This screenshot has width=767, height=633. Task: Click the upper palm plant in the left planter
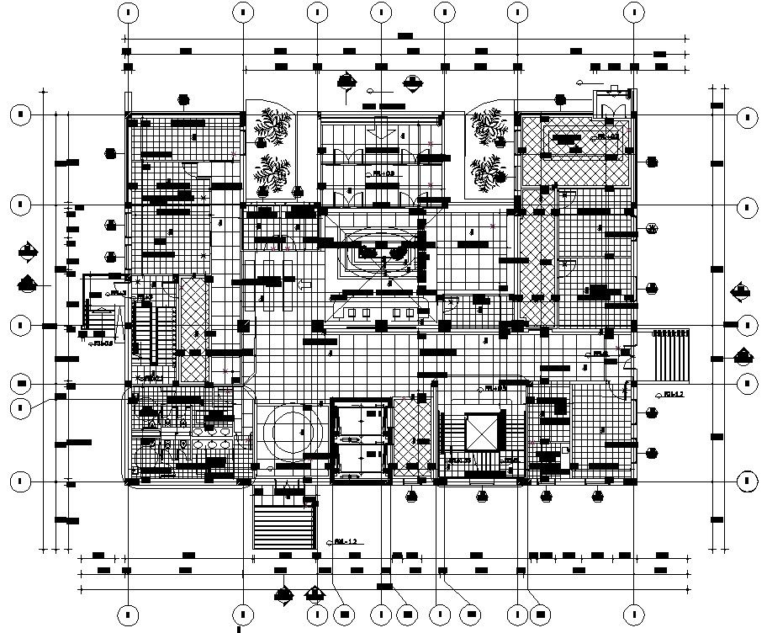[x=271, y=127]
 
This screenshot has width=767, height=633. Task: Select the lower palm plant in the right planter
[x=488, y=173]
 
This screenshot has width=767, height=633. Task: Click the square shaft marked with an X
[x=482, y=434]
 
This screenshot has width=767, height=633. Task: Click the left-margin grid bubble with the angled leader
[x=21, y=408]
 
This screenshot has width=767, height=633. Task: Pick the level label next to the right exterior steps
[x=670, y=393]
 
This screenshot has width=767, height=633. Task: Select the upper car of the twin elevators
[x=361, y=418]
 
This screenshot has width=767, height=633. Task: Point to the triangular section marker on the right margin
[x=743, y=355]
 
